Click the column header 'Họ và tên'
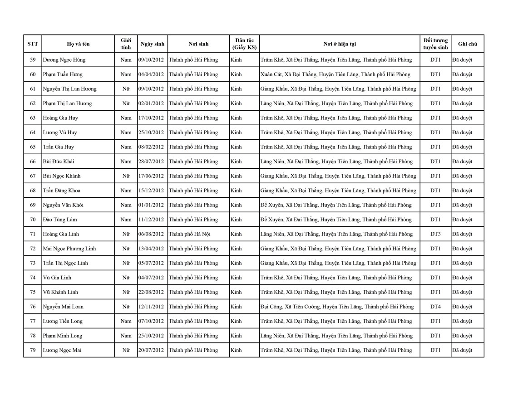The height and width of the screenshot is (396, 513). coord(78,44)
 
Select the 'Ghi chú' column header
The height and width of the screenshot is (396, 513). coord(468,44)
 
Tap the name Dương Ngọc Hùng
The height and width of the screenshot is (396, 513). coord(64,60)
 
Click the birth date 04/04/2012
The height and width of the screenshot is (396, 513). coord(152,74)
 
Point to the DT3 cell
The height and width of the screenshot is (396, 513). coord(435,234)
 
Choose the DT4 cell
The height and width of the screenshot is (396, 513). coord(435,307)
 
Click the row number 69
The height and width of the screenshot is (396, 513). coord(33,205)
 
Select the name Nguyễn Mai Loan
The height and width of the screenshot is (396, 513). coord(63,307)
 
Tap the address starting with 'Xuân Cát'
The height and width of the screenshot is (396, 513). coord(335,74)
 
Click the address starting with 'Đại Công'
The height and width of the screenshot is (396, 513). coord(337,307)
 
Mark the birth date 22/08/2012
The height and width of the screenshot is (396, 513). coord(152,292)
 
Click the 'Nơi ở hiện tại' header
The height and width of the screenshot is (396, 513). coord(340,44)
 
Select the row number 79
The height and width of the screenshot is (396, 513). coord(33,350)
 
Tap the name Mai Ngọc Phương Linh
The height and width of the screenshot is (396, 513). coord(69,249)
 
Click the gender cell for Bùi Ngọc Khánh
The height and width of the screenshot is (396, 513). coord(126,176)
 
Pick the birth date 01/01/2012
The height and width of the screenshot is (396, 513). coord(152,205)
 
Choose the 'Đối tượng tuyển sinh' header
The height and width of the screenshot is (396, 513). coord(435,44)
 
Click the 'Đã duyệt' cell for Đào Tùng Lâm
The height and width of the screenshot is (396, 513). coord(462,220)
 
